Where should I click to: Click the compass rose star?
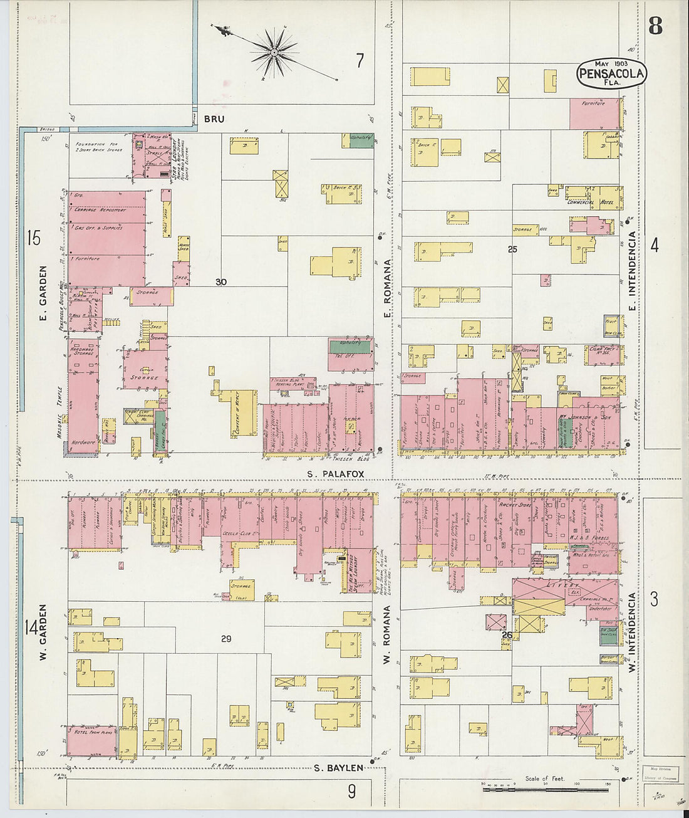pos(274,53)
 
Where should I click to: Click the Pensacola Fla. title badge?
pos(611,73)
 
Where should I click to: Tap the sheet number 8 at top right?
pos(655,26)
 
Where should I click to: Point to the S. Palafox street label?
pos(336,475)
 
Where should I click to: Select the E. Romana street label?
pos(387,289)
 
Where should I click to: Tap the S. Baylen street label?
pos(338,768)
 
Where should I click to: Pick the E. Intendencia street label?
pos(632,271)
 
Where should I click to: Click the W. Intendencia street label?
pos(632,633)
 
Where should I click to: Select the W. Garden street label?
pos(43,632)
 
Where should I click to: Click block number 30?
pos(220,283)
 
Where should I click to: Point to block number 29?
pos(226,639)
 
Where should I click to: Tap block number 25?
pos(512,249)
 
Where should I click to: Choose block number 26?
pos(507,635)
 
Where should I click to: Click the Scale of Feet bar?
pos(545,789)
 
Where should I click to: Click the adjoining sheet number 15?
pos(33,238)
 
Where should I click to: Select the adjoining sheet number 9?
pos(351,791)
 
